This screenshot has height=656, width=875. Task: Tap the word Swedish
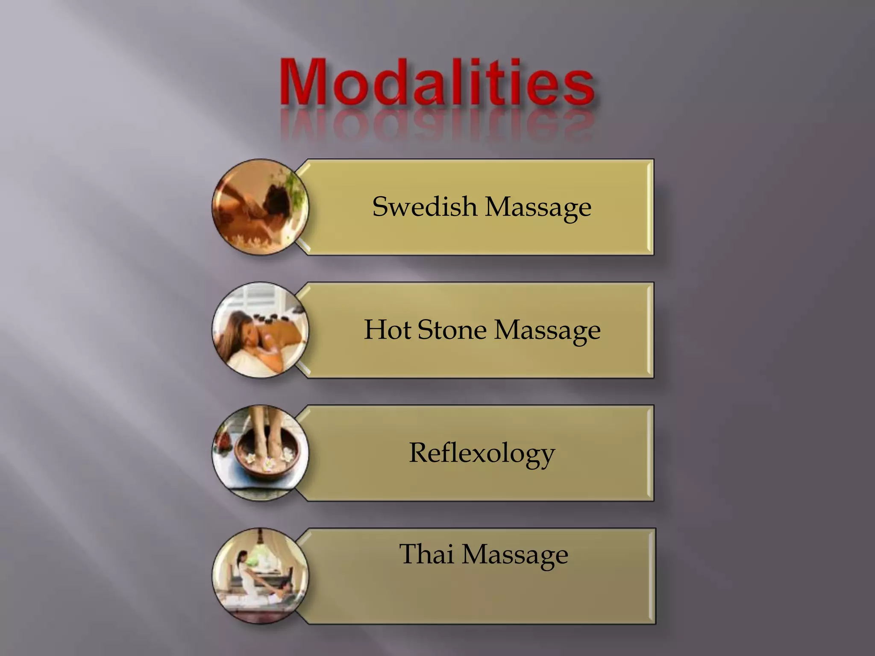[424, 207]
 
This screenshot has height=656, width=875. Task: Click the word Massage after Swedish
[538, 208]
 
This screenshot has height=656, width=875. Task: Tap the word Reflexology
[482, 454]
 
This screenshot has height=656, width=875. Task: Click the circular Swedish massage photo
[260, 207]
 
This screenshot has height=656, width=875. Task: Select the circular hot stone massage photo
[260, 330]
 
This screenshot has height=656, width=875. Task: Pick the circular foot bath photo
[260, 453]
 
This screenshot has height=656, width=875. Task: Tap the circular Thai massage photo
[260, 576]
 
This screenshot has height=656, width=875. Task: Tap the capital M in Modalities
[304, 84]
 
